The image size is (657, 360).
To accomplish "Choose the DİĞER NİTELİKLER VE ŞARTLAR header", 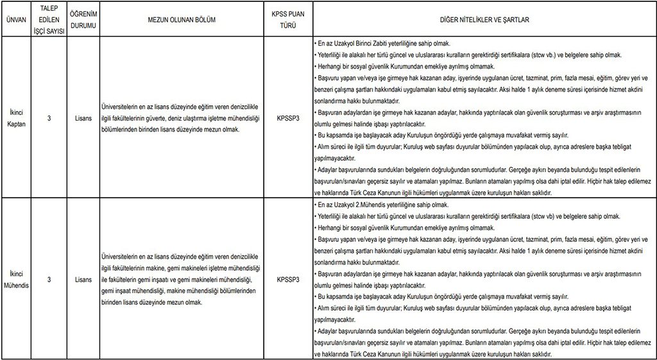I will tap(484, 20).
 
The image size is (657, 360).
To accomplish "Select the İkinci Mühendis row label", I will tap(15, 280).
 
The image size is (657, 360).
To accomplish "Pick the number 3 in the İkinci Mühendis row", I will tap(49, 280).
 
